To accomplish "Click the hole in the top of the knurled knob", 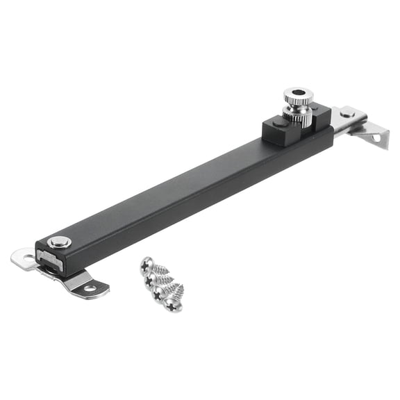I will tap(297, 92).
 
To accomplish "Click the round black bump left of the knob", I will tap(278, 124).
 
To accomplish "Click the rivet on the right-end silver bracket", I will tap(347, 113).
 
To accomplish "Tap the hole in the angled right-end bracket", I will tap(378, 137).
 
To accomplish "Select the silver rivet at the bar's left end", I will tap(60, 242).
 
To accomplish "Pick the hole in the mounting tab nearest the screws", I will tap(90, 287).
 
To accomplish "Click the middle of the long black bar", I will tap(187, 191).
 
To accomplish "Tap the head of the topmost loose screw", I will tap(146, 263).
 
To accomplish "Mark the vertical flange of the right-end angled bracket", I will tap(375, 135).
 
